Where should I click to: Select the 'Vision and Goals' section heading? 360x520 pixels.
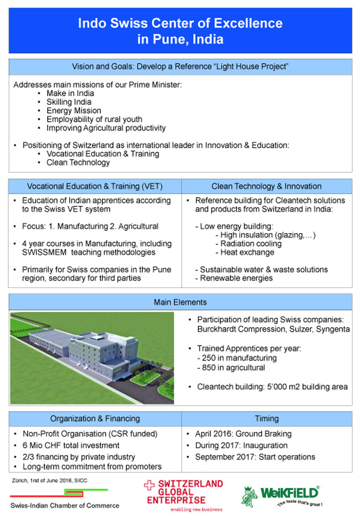click(x=181, y=66)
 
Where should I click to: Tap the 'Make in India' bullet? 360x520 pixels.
click(x=70, y=94)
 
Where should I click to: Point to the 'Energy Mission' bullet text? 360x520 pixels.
click(x=74, y=111)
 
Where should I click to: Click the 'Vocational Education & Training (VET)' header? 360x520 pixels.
click(x=95, y=186)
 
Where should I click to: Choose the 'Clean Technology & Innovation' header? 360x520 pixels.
click(x=266, y=186)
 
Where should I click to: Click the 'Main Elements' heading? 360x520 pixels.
click(x=181, y=302)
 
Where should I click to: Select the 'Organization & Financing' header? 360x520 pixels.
click(x=95, y=419)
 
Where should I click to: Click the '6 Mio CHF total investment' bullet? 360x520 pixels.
click(x=71, y=445)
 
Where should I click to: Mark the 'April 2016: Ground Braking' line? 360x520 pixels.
click(x=243, y=434)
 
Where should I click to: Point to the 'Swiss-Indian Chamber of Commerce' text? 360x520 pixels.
click(x=65, y=505)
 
